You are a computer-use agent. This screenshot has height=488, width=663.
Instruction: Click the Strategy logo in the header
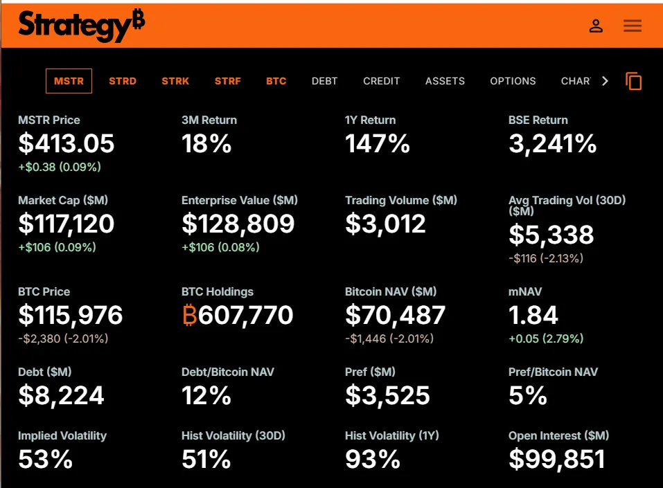click(81, 26)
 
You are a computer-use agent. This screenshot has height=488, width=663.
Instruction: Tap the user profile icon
click(596, 26)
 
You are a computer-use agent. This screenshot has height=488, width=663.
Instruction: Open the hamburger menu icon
click(633, 26)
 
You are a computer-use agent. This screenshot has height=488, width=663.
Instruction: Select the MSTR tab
click(69, 81)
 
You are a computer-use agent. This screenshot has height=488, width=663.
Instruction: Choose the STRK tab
click(175, 81)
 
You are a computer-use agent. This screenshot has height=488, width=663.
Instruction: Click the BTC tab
click(276, 81)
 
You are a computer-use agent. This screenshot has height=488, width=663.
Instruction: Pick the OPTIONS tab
click(513, 81)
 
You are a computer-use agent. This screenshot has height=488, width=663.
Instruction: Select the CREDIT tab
click(381, 81)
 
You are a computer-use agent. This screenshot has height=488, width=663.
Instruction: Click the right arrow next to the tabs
click(605, 81)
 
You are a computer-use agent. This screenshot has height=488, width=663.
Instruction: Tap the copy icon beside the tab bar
click(634, 81)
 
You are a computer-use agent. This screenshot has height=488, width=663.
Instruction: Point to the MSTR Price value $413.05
click(67, 143)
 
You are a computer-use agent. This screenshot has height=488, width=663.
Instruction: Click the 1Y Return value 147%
click(378, 143)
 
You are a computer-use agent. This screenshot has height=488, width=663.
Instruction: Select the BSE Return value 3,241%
click(552, 143)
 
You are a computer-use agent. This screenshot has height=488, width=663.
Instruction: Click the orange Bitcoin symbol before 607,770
click(190, 316)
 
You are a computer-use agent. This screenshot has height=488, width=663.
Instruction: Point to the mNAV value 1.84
click(533, 316)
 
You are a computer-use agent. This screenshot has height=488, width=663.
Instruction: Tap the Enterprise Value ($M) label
click(240, 200)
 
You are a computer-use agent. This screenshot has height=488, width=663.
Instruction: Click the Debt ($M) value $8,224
click(61, 395)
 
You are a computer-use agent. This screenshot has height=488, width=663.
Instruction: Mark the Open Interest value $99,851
click(556, 459)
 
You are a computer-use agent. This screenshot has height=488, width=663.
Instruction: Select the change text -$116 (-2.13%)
click(546, 258)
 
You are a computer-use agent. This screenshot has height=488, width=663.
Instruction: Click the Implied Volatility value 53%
click(45, 459)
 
